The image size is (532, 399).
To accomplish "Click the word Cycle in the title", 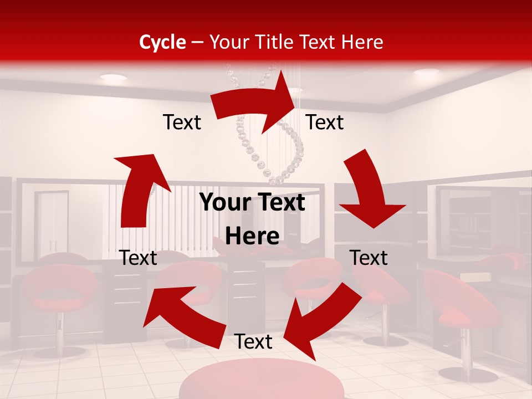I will tap(162, 42).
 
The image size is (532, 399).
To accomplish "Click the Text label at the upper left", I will tap(182, 122).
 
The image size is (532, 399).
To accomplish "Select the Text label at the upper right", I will tap(325, 122).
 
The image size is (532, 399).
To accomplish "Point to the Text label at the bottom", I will tap(253, 342).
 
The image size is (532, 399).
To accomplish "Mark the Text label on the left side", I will tap(138, 258).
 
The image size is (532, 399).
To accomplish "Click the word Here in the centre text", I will tap(252, 236).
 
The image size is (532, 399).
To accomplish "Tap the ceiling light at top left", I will tap(113, 78).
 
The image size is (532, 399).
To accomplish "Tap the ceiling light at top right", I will tap(426, 72).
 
